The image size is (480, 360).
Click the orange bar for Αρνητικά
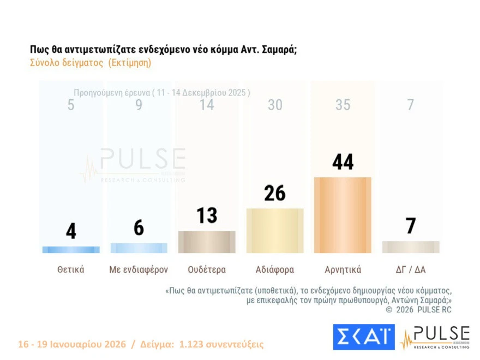point(343,215)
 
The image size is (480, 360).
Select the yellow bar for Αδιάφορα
point(275,231)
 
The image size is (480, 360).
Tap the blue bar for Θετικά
point(71,250)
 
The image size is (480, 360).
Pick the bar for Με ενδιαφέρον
point(139,248)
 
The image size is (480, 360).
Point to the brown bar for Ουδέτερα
point(207,242)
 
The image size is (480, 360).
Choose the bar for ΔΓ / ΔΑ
point(410,247)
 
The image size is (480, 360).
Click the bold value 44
point(343,162)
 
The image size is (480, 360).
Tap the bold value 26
point(275,193)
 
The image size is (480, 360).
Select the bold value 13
point(207,215)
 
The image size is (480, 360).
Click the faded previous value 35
point(343,105)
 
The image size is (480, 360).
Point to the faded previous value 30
point(275,105)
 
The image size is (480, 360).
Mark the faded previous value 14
point(207,105)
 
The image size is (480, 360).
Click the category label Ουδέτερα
point(207,269)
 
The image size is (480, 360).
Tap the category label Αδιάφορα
point(275,269)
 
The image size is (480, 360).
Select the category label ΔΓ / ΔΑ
point(410,269)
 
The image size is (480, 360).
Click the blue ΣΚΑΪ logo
point(363,337)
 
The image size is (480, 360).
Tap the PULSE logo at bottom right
point(435,337)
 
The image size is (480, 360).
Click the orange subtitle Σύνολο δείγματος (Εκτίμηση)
point(91,63)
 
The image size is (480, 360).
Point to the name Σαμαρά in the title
point(277,50)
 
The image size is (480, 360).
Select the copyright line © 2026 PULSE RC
point(418,310)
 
